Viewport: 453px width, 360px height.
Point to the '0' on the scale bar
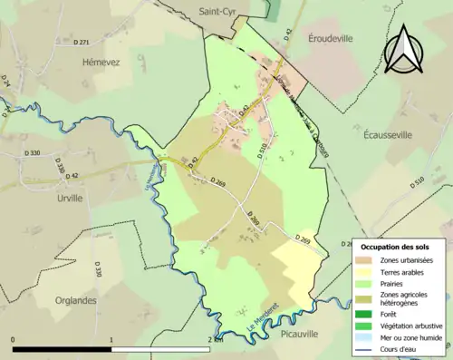pos(14,340)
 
